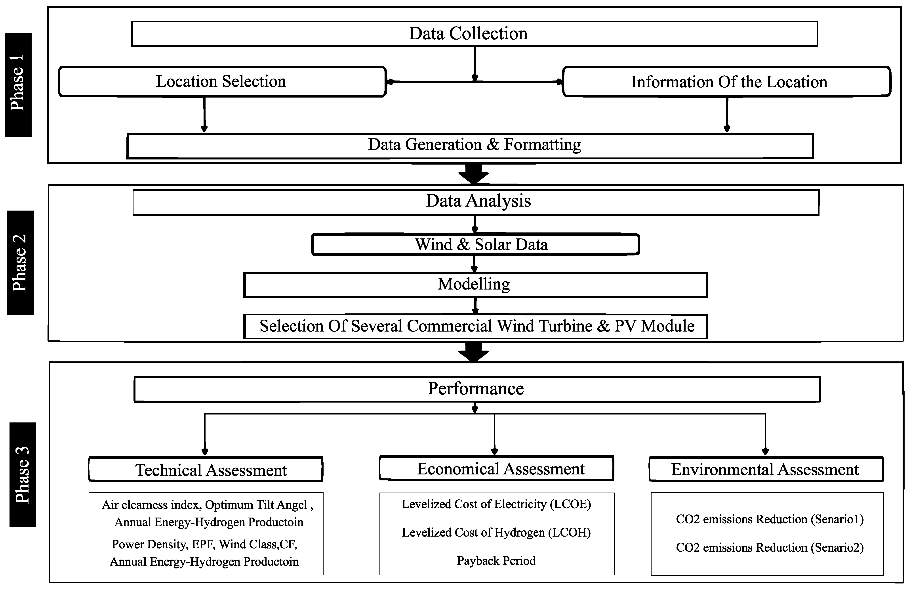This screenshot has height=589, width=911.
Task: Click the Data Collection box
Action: (x=474, y=34)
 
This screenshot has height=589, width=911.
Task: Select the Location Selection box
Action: (x=222, y=81)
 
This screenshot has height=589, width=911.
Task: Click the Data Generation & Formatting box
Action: (x=470, y=145)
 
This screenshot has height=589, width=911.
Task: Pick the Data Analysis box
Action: (x=476, y=202)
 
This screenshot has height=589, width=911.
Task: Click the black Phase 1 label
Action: (x=18, y=85)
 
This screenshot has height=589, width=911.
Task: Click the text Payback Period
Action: (x=496, y=561)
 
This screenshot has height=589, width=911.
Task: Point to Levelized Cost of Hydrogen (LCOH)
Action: (x=496, y=532)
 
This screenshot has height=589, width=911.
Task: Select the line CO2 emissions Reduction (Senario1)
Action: (x=770, y=519)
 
